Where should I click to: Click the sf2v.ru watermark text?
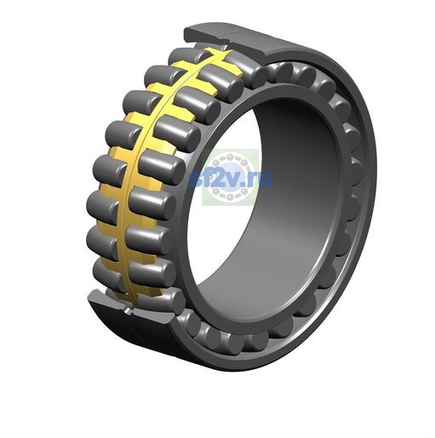pos(231,178)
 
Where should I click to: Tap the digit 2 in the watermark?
pos(219,178)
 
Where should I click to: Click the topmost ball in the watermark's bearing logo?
pos(230,156)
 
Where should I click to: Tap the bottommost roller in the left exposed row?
pos(109,275)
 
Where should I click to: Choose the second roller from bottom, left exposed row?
pos(102,243)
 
